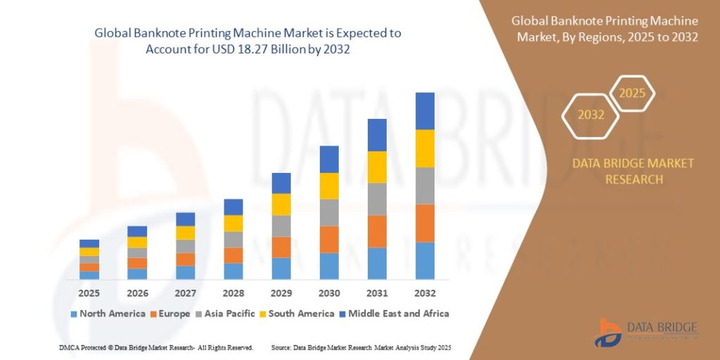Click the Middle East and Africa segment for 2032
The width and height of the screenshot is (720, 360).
click(x=425, y=111)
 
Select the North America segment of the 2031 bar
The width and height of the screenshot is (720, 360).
click(x=377, y=263)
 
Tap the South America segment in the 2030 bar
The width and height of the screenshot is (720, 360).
click(x=329, y=186)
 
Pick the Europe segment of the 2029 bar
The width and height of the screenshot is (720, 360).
click(x=281, y=247)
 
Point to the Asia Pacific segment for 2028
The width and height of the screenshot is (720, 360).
click(x=233, y=239)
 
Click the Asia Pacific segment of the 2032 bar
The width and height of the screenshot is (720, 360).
click(x=425, y=186)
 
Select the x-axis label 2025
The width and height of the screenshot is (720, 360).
click(x=89, y=292)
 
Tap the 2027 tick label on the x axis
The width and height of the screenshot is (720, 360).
click(x=185, y=292)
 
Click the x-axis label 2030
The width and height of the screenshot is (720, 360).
click(x=329, y=292)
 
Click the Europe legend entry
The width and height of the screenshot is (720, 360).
click(x=169, y=314)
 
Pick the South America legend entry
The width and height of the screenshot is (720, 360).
click(x=295, y=314)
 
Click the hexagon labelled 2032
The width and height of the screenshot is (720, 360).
click(x=591, y=115)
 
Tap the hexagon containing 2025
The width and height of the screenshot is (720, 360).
click(x=631, y=93)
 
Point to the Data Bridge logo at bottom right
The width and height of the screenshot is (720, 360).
click(x=646, y=333)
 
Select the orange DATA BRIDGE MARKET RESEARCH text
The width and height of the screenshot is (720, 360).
click(x=633, y=171)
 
